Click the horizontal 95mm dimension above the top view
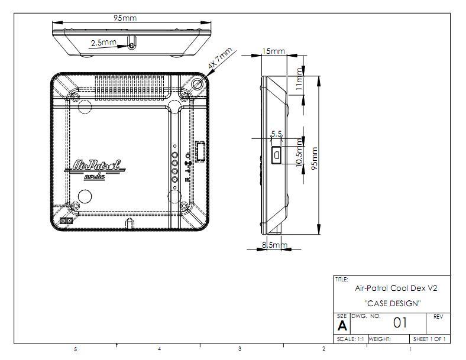[125, 18]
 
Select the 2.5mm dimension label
[103, 43]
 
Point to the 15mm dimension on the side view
[274, 51]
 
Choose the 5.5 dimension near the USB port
[276, 135]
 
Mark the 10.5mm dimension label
[299, 154]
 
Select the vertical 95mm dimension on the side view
[314, 158]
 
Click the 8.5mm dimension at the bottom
[274, 245]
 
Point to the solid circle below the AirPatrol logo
[85, 196]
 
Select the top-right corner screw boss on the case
[196, 85]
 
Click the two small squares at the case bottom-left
[67, 221]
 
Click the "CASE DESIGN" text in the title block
[392, 303]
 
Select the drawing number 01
[400, 323]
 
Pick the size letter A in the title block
[342, 326]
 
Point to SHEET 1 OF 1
[429, 339]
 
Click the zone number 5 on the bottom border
[75, 349]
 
